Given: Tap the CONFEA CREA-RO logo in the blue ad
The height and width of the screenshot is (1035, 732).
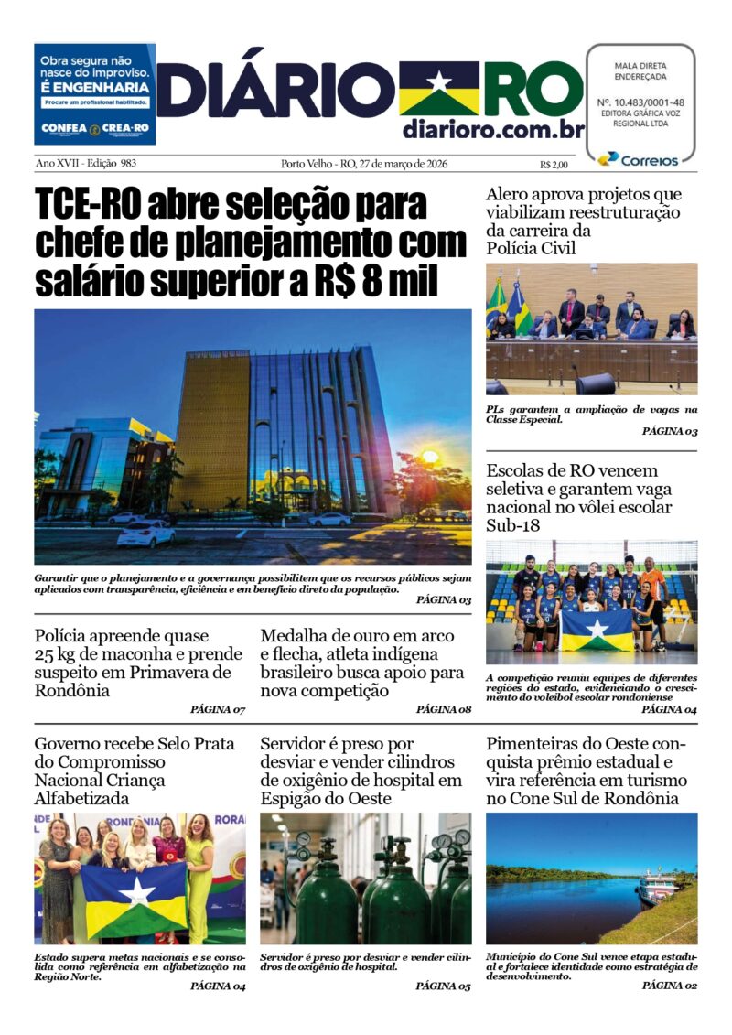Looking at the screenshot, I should pos(94,128).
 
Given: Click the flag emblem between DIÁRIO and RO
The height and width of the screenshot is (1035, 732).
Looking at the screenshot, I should pos(438,89).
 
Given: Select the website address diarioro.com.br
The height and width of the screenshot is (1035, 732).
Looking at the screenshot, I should pos(492,129).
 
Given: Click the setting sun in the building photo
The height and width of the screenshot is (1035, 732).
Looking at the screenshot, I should pos(429,456).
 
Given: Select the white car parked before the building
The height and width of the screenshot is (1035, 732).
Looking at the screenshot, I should pos(145,532).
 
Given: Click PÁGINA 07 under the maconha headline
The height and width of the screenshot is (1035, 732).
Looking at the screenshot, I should pos(218,709).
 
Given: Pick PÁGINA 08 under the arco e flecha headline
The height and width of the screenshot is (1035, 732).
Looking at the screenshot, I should pos(444,709).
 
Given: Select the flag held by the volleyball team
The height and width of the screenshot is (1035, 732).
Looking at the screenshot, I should pos(597,632).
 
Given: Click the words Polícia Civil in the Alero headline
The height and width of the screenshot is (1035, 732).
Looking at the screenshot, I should pos(538,248).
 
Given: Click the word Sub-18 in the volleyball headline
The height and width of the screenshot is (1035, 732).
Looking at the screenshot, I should pos(513,525).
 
